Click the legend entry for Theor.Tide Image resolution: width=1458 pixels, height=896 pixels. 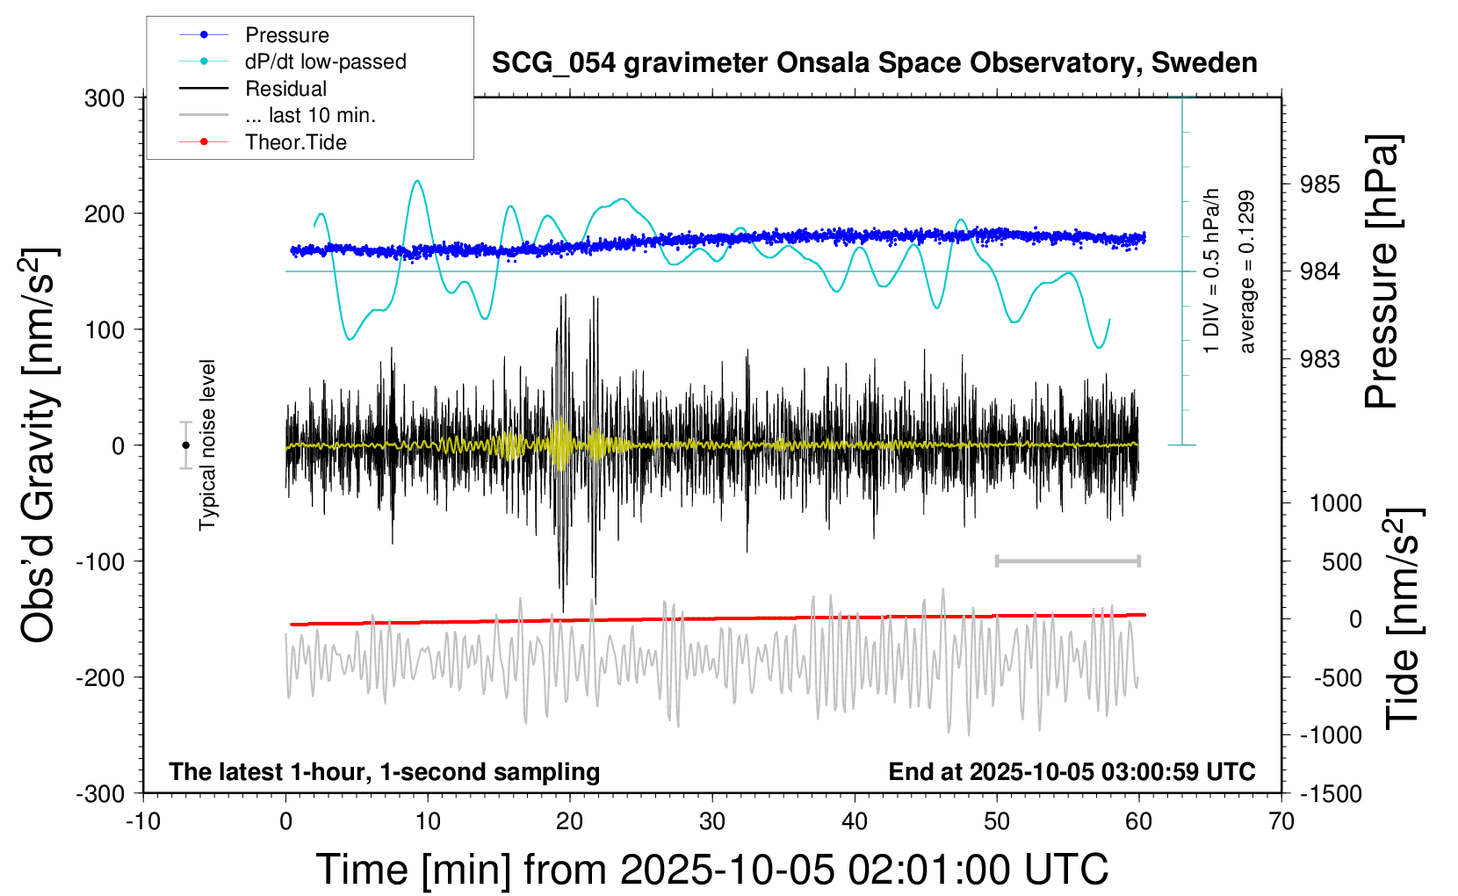click(x=295, y=142)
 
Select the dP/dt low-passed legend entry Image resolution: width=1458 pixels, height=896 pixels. click(x=325, y=61)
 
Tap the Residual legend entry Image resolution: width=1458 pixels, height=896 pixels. click(x=285, y=89)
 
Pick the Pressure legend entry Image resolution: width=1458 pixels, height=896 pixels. click(x=286, y=35)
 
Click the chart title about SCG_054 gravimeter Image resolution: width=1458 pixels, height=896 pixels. click(x=874, y=63)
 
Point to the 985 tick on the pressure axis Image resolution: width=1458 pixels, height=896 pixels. click(x=1320, y=184)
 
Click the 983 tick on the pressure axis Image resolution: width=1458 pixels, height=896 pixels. click(x=1320, y=358)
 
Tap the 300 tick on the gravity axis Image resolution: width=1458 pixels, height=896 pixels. click(x=105, y=98)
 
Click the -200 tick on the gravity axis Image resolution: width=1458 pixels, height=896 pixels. click(x=100, y=677)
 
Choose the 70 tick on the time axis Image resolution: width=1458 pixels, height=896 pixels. click(x=1281, y=822)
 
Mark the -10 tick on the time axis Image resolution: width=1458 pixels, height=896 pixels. click(x=143, y=822)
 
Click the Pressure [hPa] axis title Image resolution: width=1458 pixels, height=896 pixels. click(x=1382, y=271)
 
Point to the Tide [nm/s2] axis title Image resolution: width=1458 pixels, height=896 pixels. click(x=1404, y=619)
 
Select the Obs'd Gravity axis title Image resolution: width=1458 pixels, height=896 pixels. click(x=40, y=445)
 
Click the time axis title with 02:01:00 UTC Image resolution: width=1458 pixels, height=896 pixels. click(x=711, y=870)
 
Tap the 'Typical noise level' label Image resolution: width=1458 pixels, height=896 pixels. click(x=207, y=444)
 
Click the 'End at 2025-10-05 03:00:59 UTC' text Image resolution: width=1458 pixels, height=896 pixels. click(x=1072, y=771)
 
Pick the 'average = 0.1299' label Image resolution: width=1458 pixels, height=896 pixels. click(x=1247, y=272)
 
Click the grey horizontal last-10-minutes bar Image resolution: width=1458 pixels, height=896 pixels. click(x=1067, y=560)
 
